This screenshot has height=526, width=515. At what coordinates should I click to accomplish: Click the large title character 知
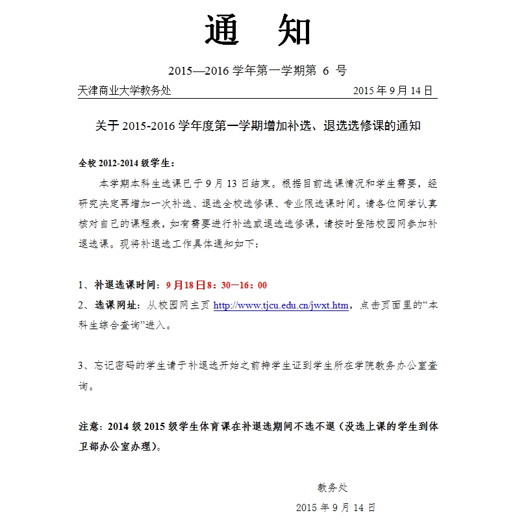[294, 31]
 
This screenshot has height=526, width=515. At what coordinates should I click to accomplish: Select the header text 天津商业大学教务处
[124, 91]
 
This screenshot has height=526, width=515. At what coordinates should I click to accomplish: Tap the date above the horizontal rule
[393, 91]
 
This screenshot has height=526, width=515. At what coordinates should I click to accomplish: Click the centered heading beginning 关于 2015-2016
[258, 127]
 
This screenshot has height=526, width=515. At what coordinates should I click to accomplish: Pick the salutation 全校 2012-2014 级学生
[127, 162]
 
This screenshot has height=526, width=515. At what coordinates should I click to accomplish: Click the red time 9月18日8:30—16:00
[216, 285]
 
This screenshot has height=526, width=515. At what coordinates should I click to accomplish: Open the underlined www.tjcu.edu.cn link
[281, 305]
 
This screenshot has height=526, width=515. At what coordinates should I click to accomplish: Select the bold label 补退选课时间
[127, 285]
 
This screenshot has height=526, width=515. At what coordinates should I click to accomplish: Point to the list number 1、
[84, 285]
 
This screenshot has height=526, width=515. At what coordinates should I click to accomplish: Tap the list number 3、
[84, 366]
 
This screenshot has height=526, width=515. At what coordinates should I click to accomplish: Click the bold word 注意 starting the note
[88, 427]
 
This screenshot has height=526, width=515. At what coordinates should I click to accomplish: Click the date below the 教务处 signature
[335, 507]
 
